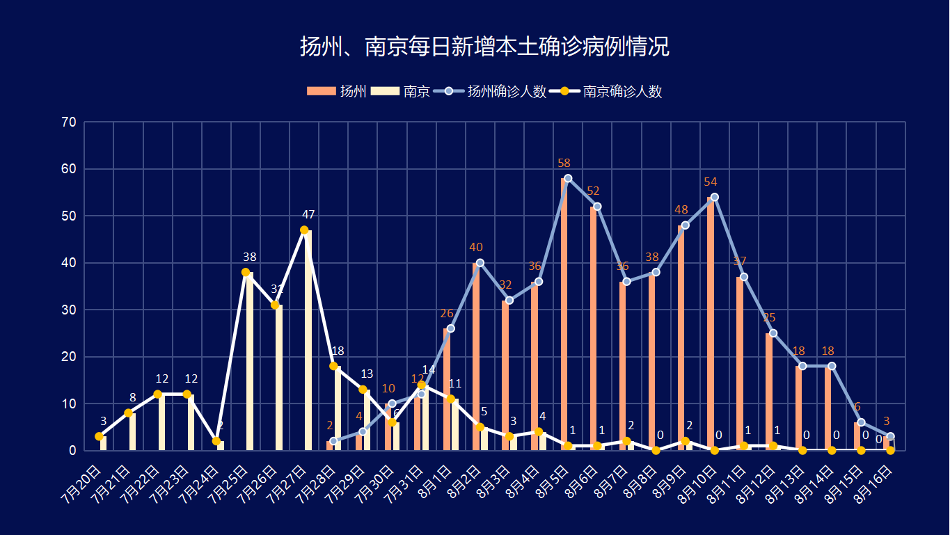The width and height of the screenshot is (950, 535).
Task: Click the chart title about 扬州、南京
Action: point(484,47)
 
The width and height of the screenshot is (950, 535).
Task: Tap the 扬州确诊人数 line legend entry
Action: point(490,91)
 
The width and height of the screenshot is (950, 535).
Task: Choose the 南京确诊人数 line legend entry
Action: point(605,91)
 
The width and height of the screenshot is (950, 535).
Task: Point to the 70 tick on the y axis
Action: point(69,122)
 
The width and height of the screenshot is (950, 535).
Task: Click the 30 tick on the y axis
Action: point(69,310)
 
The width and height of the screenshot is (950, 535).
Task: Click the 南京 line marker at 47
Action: point(304,230)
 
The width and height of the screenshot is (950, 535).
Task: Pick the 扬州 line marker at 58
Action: point(568,178)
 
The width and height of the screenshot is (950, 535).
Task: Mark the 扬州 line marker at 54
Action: point(714,197)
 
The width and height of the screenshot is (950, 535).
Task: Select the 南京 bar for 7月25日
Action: point(249,362)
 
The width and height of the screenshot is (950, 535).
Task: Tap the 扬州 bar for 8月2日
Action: point(476,356)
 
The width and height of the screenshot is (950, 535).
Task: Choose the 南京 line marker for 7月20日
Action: point(100,436)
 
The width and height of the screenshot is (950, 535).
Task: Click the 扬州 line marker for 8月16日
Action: point(890,436)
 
